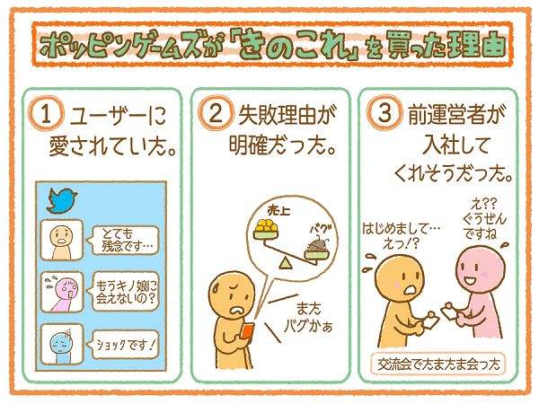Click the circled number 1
pos(46,114)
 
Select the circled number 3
pos(384,113)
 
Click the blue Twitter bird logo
pos(62,200)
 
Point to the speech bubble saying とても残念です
pos(122,240)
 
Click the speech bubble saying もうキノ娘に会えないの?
pos(122,292)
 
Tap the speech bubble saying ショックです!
pos(123,345)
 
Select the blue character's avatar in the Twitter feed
pos(62,345)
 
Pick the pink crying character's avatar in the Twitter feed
pos(62,292)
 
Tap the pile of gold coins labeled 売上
pos(267,226)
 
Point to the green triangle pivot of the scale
pos(285,263)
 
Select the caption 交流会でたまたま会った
pos(438,364)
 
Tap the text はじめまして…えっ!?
pos(402,235)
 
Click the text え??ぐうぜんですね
pos(484,220)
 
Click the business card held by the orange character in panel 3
pos(431,321)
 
